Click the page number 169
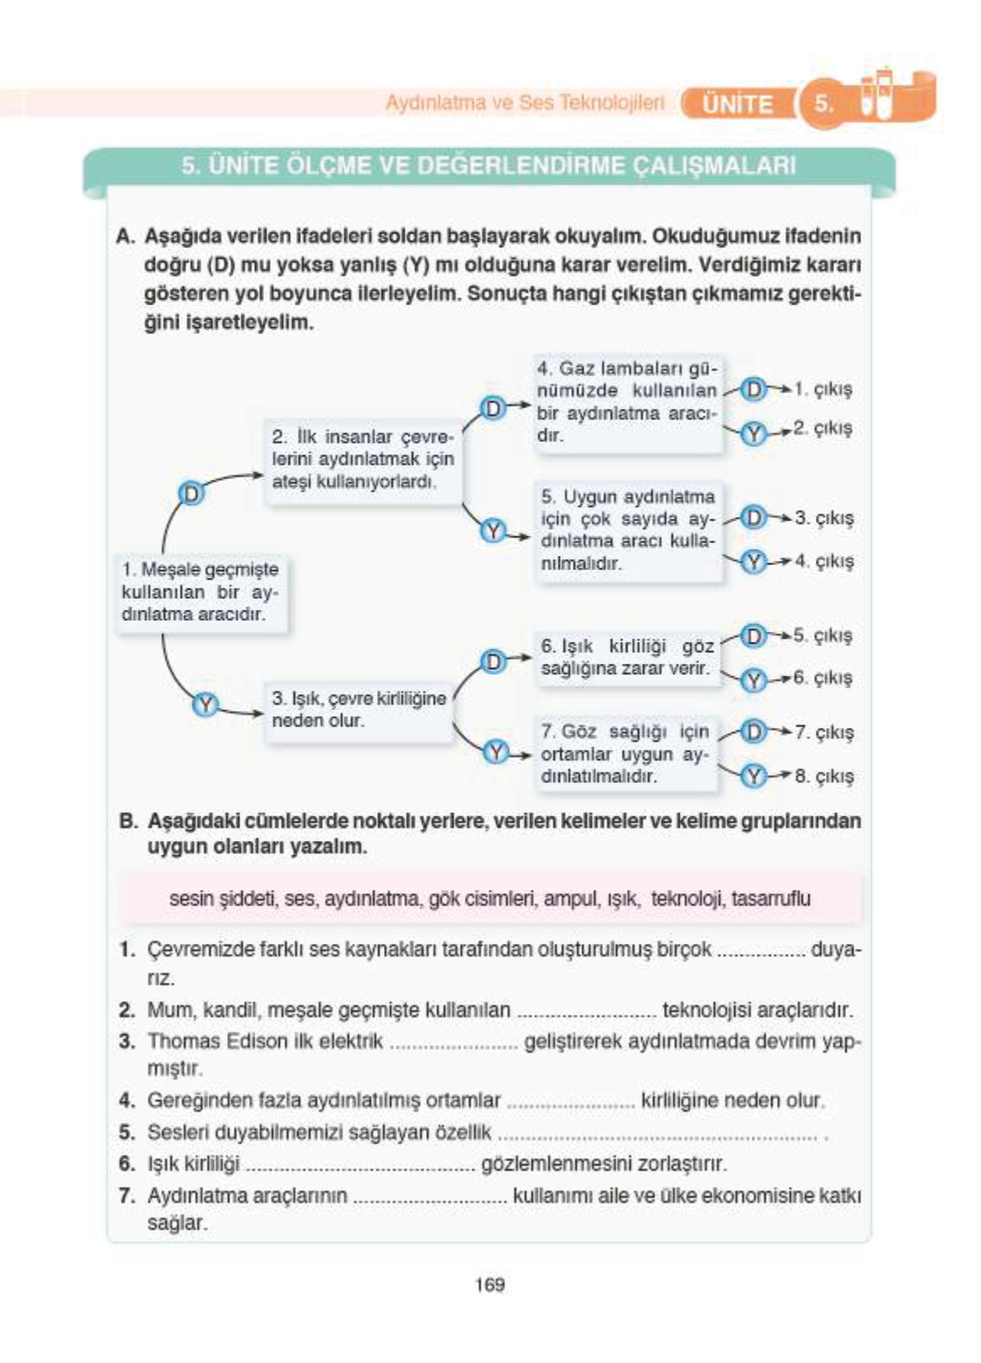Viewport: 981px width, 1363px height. pyautogui.click(x=489, y=1285)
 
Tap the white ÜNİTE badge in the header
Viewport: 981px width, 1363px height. pyautogui.click(x=737, y=104)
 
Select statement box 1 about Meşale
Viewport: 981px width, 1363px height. pyautogui.click(x=201, y=592)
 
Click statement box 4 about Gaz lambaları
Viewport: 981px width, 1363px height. pyautogui.click(x=627, y=402)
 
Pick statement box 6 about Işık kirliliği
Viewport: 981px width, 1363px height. pyautogui.click(x=627, y=658)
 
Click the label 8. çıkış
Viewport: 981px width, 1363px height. pyautogui.click(x=823, y=776)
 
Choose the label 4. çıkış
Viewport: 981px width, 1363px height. pyautogui.click(x=823, y=561)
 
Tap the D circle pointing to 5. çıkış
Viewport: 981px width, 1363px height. pyautogui.click(x=752, y=636)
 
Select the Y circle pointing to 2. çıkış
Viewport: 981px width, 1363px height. pyautogui.click(x=753, y=433)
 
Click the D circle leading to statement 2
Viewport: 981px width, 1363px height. pyautogui.click(x=192, y=493)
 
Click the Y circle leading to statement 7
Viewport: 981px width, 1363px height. pyautogui.click(x=496, y=752)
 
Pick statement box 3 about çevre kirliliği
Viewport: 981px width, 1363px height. pyautogui.click(x=358, y=710)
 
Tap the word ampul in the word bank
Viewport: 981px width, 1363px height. pyautogui.click(x=571, y=899)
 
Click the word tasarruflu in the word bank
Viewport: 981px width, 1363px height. pyautogui.click(x=771, y=899)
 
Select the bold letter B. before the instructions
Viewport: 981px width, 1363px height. pyautogui.click(x=128, y=821)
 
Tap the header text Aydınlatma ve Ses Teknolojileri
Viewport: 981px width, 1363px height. pyautogui.click(x=525, y=103)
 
